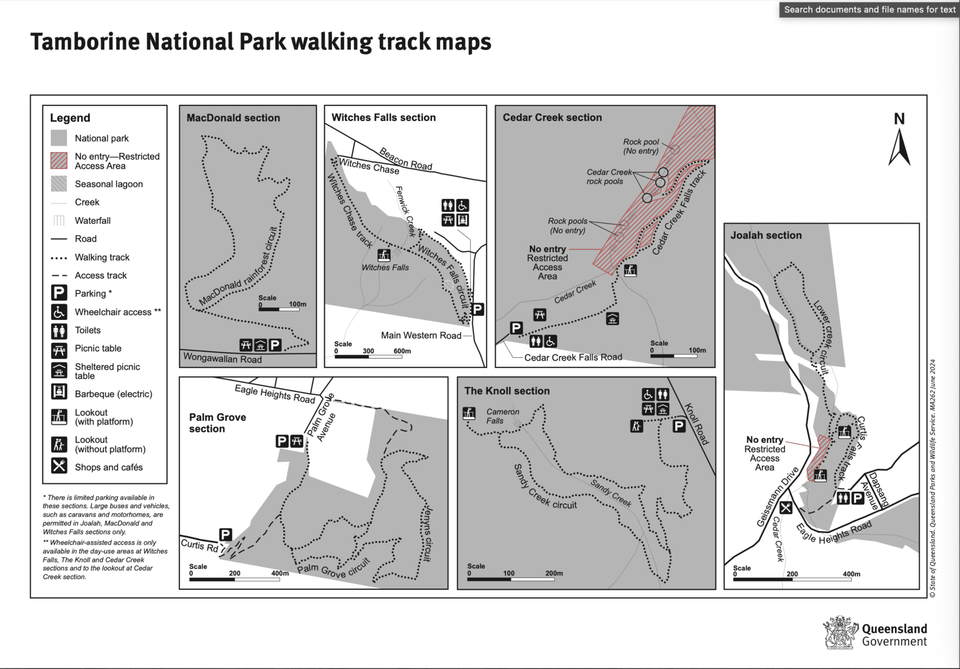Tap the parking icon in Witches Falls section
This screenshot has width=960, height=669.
coord(477,309)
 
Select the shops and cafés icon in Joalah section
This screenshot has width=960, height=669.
coord(786,508)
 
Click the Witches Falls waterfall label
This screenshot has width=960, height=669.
coord(385,268)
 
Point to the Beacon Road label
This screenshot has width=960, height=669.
coord(406,158)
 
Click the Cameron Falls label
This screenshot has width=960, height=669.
coord(503,416)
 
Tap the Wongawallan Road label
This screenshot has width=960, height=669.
coord(222,359)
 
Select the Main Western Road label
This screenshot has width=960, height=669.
coord(421,335)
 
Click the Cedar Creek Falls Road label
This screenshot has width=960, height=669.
coord(573,357)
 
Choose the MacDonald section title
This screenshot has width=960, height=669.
coord(233,118)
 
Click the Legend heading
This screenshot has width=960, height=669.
coord(70,118)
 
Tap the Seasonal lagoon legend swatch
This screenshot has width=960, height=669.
coord(59,184)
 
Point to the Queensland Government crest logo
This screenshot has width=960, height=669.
coord(841,632)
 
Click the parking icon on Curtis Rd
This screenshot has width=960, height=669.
coord(226,535)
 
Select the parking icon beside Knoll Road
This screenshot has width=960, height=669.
coord(679,426)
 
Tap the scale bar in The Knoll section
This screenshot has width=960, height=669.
coord(511,579)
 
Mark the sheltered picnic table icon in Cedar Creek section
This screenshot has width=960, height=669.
coord(613,319)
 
